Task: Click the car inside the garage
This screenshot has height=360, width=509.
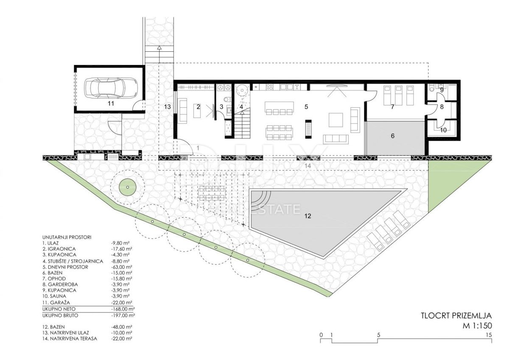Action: [x=111, y=88]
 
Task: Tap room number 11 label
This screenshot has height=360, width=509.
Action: [x=111, y=104]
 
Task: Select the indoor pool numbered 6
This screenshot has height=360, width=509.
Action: [x=395, y=138]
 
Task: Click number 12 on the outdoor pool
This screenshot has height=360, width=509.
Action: [x=308, y=216]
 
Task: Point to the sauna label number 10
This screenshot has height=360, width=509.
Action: [x=443, y=130]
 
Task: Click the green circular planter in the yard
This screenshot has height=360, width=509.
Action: [x=128, y=187]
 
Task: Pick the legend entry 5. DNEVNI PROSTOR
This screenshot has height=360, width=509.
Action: [x=65, y=267]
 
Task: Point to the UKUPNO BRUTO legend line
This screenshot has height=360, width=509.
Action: [x=60, y=315]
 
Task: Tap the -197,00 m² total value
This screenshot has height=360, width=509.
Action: [x=123, y=315]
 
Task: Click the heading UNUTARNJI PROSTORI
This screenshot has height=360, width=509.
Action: [x=67, y=237]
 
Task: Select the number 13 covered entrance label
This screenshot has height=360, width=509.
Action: [x=168, y=107]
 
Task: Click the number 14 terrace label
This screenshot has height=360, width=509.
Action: [x=308, y=166]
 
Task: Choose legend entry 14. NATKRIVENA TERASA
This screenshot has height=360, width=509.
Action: [x=70, y=345]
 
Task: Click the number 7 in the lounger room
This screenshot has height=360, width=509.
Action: [x=392, y=107]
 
